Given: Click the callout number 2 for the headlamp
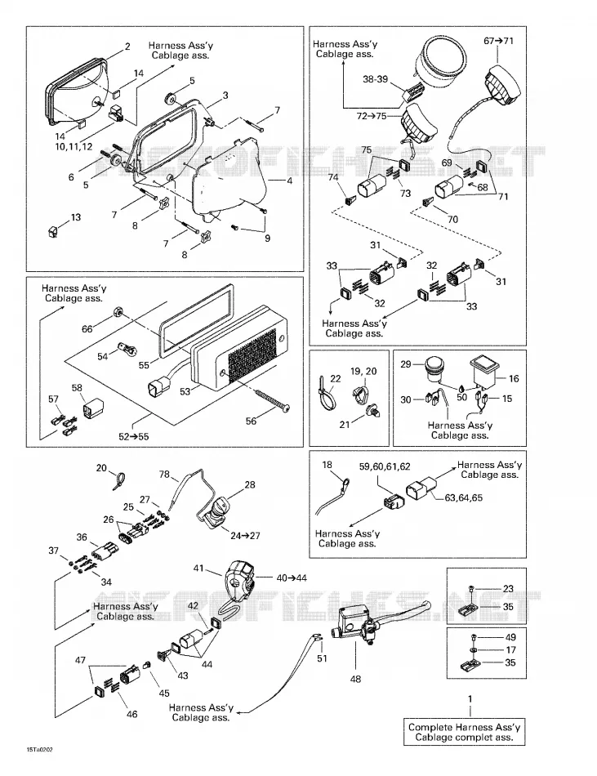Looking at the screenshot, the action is tap(127, 47).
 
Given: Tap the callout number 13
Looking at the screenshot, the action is tap(76, 217).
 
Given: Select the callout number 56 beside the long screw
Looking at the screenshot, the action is tap(252, 421).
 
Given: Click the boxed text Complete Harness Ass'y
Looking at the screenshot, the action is tap(465, 727).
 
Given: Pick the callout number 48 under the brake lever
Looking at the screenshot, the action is tap(355, 679).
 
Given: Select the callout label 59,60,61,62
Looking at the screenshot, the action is tap(385, 466).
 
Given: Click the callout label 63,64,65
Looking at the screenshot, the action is tap(463, 498).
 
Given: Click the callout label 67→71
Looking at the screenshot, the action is tap(498, 41).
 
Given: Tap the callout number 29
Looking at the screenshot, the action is tap(406, 364).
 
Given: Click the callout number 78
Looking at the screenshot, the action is tap(164, 475).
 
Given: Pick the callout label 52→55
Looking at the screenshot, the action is tap(134, 436).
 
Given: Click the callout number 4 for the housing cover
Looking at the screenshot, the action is tap(289, 181).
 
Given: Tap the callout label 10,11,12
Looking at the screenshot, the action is tap(74, 148).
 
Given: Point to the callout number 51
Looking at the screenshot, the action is tap(322, 658).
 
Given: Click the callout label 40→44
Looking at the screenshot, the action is tap(292, 578).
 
